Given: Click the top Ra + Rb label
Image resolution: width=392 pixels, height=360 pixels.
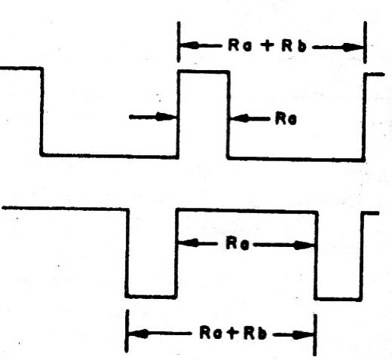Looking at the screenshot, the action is coord(268,46).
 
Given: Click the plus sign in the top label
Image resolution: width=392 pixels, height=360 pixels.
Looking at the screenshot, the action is coord(267,46).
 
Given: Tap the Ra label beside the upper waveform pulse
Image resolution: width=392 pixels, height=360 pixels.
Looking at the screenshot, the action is coord(286,118).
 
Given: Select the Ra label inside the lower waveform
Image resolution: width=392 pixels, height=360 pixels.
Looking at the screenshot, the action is coord(237,243).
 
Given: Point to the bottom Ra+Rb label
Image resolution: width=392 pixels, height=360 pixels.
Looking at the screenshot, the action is coord(232,333).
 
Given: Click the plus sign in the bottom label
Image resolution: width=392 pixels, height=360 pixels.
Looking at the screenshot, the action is coord(232,333).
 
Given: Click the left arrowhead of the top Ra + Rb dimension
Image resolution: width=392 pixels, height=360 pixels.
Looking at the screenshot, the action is coord(190,45).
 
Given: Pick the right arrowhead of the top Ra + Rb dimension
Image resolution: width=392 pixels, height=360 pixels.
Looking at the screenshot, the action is coord(353,47).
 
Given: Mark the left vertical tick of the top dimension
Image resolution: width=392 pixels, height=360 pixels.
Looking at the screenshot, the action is coord(179,41).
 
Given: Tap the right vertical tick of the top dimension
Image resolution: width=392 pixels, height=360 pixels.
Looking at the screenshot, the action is coord(365,42).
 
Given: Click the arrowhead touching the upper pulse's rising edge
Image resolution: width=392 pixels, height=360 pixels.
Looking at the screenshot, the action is coord(166,117).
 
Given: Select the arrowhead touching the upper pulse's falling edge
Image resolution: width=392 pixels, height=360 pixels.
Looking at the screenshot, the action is coord(240,118).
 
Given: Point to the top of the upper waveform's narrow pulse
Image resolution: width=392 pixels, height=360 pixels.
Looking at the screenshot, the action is coord(204,72).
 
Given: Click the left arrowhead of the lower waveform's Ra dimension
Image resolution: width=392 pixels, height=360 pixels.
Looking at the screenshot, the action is coord(188,243).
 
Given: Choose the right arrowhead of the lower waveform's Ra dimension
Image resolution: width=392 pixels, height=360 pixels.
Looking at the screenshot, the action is coord(304,246).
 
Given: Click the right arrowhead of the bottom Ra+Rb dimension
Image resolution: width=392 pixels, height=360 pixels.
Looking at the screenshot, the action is coord(303,334).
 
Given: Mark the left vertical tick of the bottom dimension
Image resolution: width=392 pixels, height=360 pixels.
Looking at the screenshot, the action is coord(127,331).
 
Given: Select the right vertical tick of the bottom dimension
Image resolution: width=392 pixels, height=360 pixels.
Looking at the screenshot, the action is coord(315,335).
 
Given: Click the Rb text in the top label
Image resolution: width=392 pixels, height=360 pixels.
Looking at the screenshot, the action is coord(294,46).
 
